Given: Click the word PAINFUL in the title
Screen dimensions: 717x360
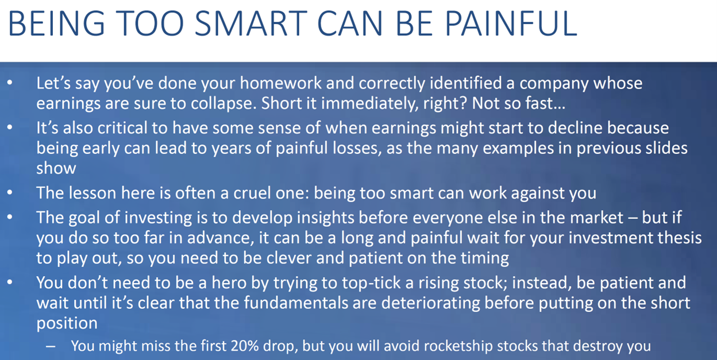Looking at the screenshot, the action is (x=511, y=24).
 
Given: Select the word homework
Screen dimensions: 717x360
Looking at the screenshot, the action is (x=280, y=83).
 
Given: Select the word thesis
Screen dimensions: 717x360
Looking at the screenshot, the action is (x=679, y=238).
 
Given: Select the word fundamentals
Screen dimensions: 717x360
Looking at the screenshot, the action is (x=296, y=303).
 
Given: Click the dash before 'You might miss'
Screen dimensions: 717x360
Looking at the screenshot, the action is (x=50, y=346).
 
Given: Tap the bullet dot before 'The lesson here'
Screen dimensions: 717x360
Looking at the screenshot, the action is (x=10, y=193).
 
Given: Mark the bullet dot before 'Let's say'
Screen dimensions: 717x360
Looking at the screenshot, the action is (x=10, y=83).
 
